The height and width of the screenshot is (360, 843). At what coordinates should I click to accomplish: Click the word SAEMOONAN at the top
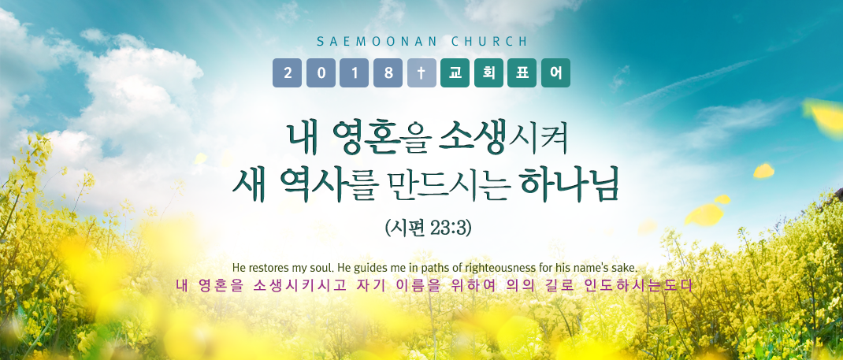tap(377, 42)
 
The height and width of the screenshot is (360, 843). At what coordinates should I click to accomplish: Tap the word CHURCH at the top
tap(490, 42)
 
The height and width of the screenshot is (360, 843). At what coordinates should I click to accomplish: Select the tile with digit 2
tap(287, 73)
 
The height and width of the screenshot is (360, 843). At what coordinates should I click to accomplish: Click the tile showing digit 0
tap(321, 73)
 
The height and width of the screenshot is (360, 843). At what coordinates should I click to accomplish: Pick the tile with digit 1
tap(355, 73)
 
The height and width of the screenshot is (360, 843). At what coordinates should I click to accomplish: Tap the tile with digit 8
tap(388, 73)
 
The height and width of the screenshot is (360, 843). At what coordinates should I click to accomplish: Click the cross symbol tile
tap(421, 73)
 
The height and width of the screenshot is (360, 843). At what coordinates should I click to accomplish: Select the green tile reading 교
tap(455, 73)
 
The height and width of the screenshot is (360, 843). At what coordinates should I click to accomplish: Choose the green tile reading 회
tap(488, 73)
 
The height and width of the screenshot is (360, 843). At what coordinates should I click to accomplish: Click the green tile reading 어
tap(556, 73)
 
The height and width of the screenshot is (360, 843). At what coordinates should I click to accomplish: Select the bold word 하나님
tap(570, 185)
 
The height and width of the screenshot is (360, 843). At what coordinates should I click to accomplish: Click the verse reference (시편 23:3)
tap(428, 229)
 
